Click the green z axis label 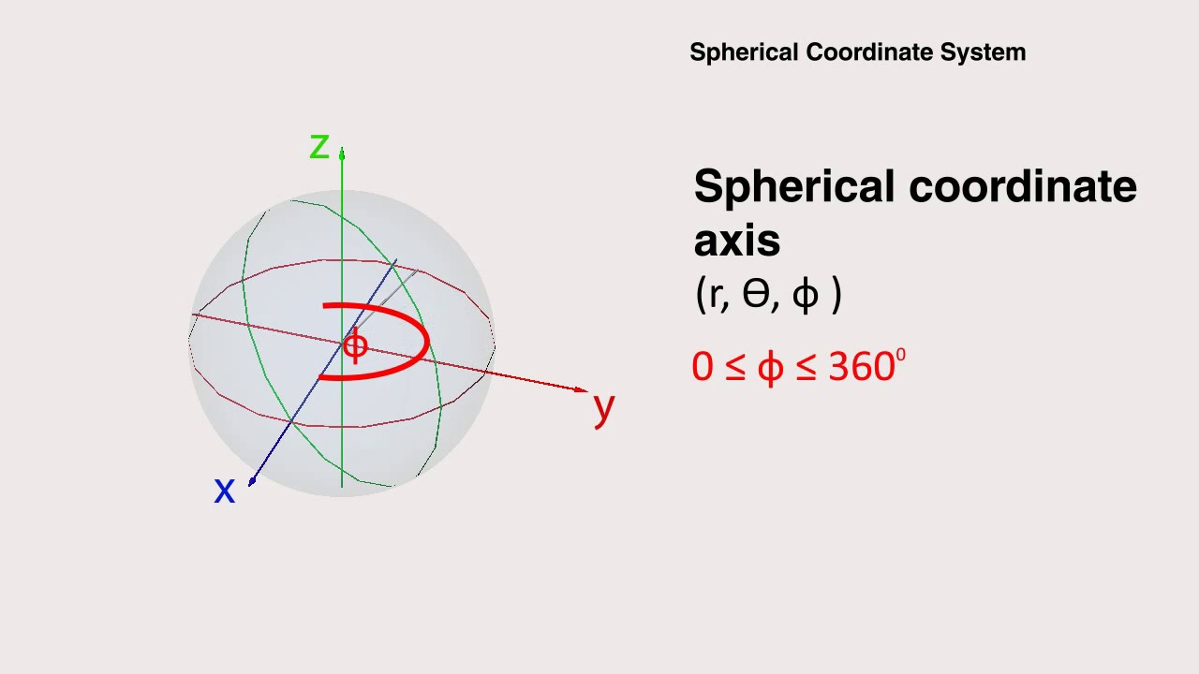[319, 147]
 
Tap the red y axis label [604, 406]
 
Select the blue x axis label [224, 490]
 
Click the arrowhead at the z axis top [342, 154]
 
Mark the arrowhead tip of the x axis [252, 482]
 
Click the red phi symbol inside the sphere [355, 346]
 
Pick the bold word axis [736, 242]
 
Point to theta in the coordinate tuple [755, 295]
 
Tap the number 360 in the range [861, 367]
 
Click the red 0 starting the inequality [702, 367]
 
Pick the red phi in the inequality [770, 368]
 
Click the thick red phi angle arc [426, 342]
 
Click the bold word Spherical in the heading [794, 187]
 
